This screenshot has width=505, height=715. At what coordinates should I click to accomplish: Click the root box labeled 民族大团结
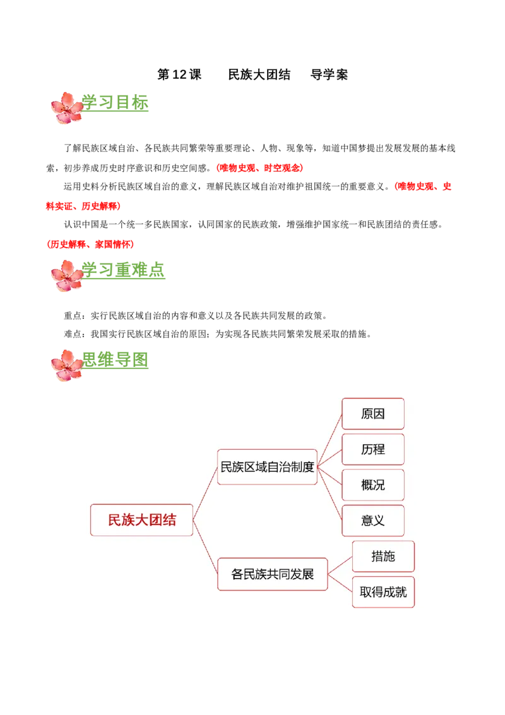tap(141, 520)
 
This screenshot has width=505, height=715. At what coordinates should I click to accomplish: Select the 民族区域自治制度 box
tap(267, 467)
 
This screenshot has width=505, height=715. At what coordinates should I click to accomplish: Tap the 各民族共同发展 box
tap(272, 574)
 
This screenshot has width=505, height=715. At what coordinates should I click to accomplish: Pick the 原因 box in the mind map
tap(372, 414)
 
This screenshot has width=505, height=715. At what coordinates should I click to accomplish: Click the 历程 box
tap(372, 450)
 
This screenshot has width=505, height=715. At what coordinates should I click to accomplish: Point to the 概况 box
tap(372, 485)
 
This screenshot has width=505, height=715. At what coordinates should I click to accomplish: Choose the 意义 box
tap(372, 520)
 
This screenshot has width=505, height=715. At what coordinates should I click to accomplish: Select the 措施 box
tap(383, 556)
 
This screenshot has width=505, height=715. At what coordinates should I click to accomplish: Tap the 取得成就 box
tap(383, 592)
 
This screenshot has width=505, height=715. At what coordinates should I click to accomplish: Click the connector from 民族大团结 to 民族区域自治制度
tap(205, 493)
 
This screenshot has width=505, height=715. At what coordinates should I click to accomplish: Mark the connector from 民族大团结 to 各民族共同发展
tap(205, 547)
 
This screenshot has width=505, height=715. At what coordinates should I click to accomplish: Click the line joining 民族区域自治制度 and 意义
tap(330, 494)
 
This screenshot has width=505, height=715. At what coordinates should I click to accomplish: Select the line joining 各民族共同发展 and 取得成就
tap(340, 583)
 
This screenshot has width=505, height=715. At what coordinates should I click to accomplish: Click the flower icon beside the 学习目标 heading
tap(66, 107)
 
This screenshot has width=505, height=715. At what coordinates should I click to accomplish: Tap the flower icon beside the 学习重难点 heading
tap(66, 274)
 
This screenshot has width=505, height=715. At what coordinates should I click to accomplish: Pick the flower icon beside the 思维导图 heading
tap(66, 365)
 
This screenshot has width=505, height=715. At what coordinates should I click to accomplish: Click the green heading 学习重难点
tap(124, 270)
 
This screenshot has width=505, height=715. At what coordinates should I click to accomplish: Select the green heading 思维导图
tap(116, 361)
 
